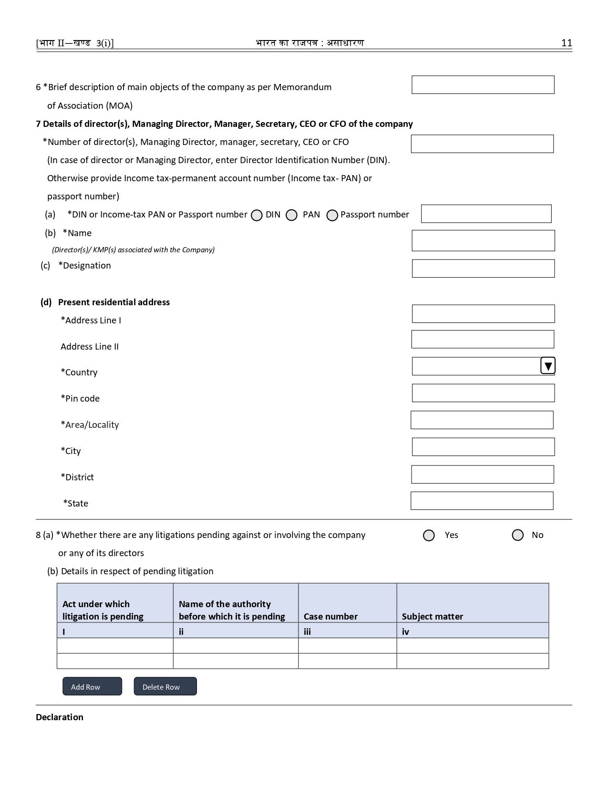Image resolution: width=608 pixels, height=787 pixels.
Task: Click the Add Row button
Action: coord(92,686)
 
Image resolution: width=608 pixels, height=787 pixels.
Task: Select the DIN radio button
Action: coord(257,215)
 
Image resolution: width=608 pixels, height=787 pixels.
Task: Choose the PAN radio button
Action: coord(291,215)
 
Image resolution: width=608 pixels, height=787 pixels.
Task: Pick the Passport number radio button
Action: coord(332,215)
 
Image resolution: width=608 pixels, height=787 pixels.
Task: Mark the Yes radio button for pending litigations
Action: coord(429,535)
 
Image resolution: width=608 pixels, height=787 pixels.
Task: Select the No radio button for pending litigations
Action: coord(517,535)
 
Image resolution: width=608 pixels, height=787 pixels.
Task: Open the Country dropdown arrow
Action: coord(548,366)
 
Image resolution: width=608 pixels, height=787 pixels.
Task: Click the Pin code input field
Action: coord(483,393)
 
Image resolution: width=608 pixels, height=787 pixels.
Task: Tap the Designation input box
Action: coord(483,269)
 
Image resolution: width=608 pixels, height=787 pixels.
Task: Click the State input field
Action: coord(482,501)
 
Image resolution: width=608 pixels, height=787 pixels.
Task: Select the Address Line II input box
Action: coord(483,339)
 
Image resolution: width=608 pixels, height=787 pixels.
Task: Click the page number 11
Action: coord(567,43)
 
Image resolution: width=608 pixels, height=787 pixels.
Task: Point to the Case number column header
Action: coord(330,616)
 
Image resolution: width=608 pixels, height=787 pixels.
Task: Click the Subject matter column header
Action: coord(432,616)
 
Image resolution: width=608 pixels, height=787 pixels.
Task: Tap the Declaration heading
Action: coord(60,717)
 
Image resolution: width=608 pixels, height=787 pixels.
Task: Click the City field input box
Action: coord(483,447)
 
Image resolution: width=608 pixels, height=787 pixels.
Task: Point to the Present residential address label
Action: coord(113,302)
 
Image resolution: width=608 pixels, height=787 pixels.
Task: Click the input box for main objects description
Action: coord(483,85)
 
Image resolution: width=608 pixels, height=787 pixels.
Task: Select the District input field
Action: coord(483,475)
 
